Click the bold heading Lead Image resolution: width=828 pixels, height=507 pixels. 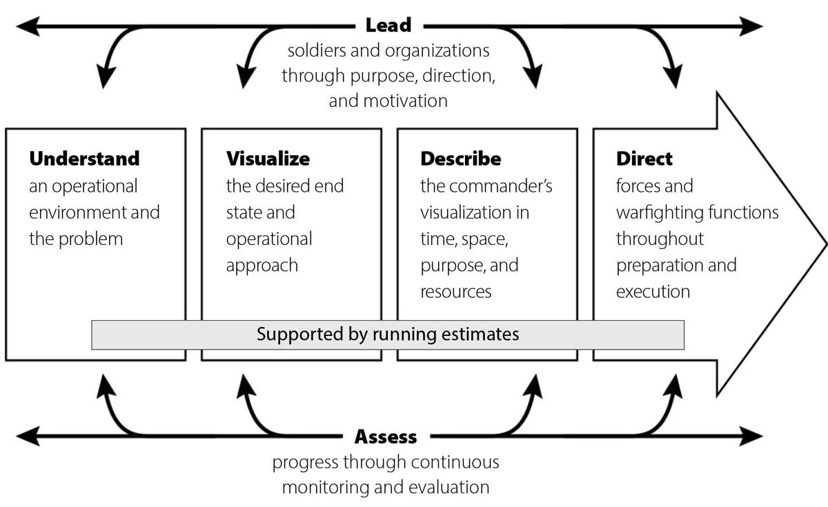coord(388,26)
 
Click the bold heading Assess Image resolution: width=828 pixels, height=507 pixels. coord(386,437)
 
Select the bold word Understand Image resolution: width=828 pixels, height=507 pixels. coord(84,159)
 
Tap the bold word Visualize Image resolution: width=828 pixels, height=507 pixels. coord(268,159)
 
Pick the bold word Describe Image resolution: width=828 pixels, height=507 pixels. coord(460,159)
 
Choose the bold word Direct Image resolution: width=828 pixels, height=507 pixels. coord(644,159)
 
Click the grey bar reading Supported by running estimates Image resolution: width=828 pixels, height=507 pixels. coord(388,335)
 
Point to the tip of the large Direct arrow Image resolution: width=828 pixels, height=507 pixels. coord(824,244)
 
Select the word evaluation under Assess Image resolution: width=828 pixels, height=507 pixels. coord(448,487)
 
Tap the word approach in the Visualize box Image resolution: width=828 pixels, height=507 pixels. coord(262,266)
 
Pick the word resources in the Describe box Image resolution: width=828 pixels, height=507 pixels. coord(456,292)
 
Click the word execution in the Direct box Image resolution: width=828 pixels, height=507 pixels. coord(653,292)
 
